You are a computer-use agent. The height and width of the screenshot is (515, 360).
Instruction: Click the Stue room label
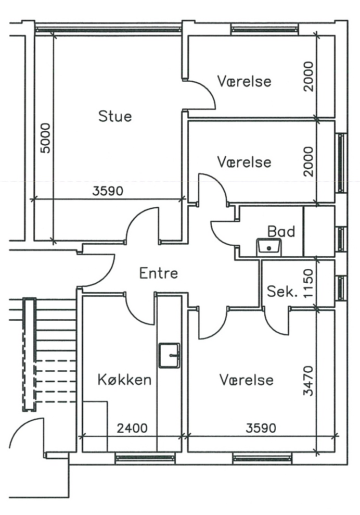115,116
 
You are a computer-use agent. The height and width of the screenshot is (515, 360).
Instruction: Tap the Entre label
159,273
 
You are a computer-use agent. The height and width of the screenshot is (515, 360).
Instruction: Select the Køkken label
124,380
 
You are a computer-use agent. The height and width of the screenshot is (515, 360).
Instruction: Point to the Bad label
281,231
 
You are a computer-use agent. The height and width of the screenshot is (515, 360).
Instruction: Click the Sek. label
282,292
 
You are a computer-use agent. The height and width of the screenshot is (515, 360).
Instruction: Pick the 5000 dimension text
46,138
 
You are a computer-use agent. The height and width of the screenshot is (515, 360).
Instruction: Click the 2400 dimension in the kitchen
132,429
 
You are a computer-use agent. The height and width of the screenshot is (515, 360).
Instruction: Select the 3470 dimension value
308,382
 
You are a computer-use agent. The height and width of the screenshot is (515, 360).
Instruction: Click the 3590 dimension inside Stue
108,191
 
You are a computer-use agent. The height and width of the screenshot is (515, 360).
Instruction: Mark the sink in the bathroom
268,246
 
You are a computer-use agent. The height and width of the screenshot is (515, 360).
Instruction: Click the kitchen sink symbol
169,355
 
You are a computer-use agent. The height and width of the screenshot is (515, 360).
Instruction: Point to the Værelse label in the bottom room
246,380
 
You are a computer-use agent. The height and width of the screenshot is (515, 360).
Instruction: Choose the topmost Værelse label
244,81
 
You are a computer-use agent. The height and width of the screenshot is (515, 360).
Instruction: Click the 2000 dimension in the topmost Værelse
309,77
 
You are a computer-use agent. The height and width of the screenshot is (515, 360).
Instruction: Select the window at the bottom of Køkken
145,458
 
